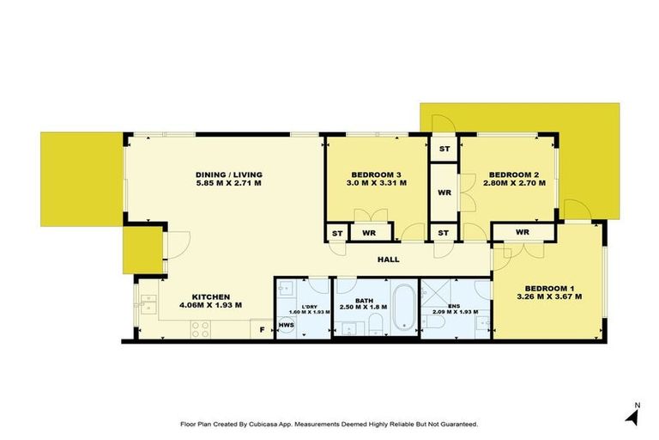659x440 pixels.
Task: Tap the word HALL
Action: (389, 259)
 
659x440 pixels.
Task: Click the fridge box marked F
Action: (262, 327)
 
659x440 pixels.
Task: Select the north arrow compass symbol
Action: (633, 415)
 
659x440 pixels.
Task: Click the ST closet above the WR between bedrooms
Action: (444, 150)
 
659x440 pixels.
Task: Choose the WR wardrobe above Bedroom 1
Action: (523, 233)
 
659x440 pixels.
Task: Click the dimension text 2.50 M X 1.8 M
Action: (364, 306)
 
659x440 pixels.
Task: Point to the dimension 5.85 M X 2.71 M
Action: (227, 184)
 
